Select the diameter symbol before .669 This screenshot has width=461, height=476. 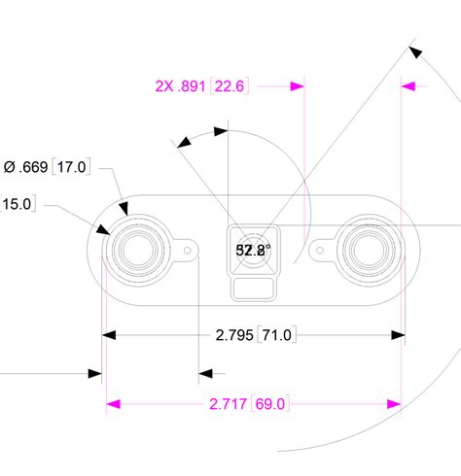click(x=10, y=168)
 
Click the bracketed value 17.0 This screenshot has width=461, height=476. click(x=72, y=168)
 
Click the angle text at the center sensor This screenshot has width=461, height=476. click(x=254, y=250)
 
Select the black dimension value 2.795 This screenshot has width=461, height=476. click(x=234, y=335)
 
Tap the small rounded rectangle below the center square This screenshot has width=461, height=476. click(x=253, y=287)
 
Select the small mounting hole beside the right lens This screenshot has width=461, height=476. click(x=317, y=250)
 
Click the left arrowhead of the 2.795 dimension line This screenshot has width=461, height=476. click(x=111, y=335)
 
